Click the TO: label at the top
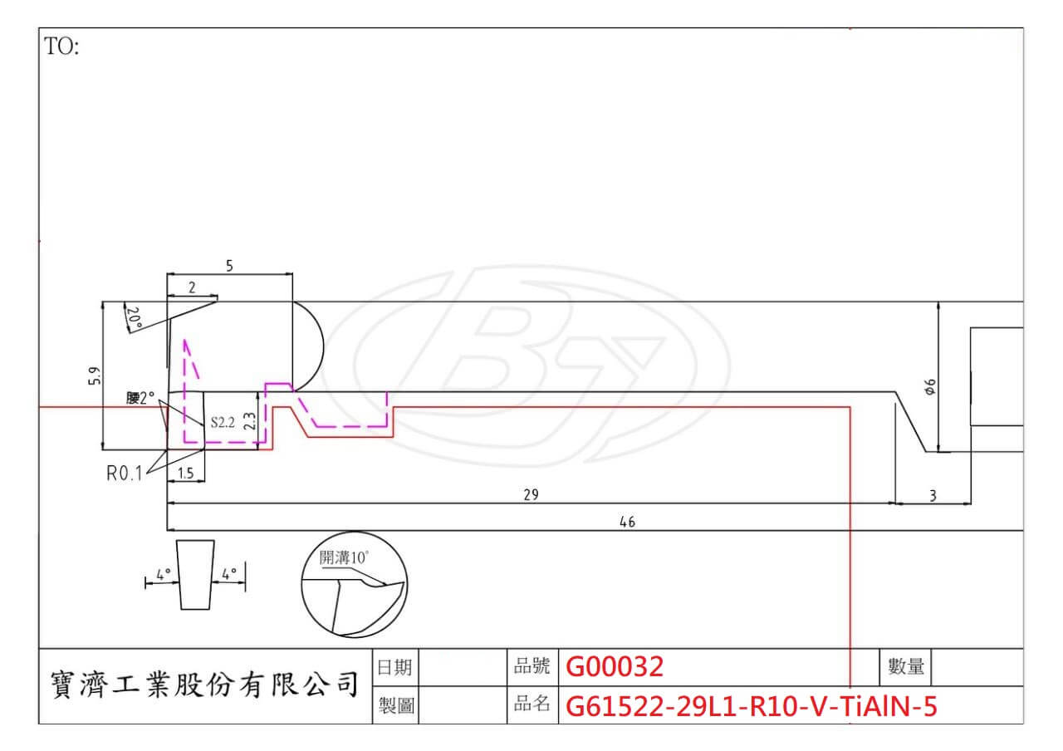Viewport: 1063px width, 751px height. point(61,47)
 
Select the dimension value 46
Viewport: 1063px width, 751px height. point(627,522)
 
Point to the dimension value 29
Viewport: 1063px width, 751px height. point(531,494)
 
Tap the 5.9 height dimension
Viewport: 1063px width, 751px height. point(95,376)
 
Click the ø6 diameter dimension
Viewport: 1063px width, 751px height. point(929,387)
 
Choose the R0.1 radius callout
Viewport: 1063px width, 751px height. point(124,474)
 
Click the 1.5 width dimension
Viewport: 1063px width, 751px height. point(186,474)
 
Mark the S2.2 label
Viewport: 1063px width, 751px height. point(223,422)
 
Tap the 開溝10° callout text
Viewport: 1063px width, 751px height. point(344,557)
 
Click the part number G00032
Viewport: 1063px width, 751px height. point(615,666)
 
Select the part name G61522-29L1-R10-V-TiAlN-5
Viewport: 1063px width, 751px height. point(751,706)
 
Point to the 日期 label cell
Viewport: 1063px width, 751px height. point(394,666)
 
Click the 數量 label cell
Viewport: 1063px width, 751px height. point(906,666)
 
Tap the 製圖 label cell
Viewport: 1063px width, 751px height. point(394,706)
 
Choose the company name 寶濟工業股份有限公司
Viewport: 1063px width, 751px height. point(204,686)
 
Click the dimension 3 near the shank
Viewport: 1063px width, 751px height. point(933,496)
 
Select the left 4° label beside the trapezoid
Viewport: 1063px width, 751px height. point(163,573)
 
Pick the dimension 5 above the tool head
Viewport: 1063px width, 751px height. point(229,266)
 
